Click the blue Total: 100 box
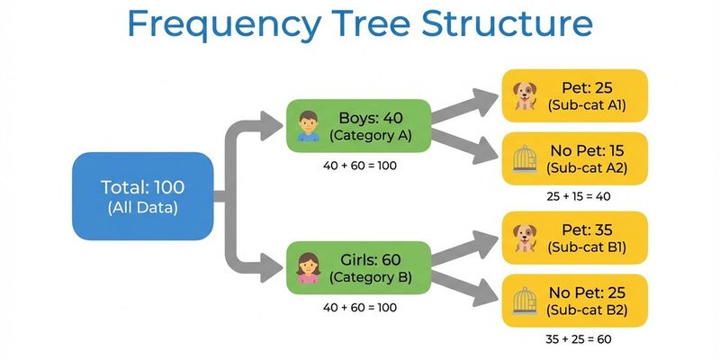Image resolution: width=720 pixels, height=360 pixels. tap(142, 196)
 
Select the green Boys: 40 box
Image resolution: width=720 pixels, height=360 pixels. tap(358, 126)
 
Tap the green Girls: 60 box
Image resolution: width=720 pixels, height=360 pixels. tap(358, 267)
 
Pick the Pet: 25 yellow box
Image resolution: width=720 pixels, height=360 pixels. tap(574, 94)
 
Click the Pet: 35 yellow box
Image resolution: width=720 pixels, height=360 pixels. tap(574, 237)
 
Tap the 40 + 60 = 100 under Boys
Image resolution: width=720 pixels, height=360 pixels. tap(359, 166)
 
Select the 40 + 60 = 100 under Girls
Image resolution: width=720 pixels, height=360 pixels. tap(359, 307)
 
